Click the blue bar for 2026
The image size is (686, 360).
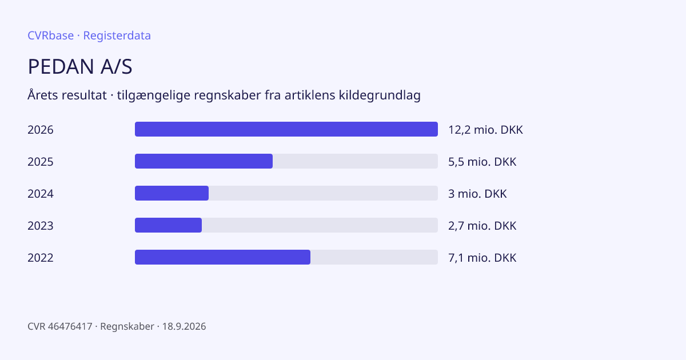pyautogui.click(x=286, y=129)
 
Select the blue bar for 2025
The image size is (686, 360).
pyautogui.click(x=204, y=161)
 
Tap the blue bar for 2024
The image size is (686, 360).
pyautogui.click(x=172, y=193)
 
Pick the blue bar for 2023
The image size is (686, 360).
pyautogui.click(x=169, y=225)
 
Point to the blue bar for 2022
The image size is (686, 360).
pyautogui.click(x=222, y=257)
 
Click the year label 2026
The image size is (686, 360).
pyautogui.click(x=41, y=130)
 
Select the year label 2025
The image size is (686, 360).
pyautogui.click(x=41, y=162)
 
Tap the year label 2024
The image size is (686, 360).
pyautogui.click(x=41, y=194)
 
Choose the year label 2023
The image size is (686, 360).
pyautogui.click(x=41, y=226)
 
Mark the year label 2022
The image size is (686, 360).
pyautogui.click(x=41, y=258)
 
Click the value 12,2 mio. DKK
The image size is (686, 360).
pyautogui.click(x=485, y=130)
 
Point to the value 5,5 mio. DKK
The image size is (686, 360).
pyautogui.click(x=482, y=162)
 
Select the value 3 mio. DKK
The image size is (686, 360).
pyautogui.click(x=477, y=194)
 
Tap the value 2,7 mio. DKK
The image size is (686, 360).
pyautogui.click(x=482, y=226)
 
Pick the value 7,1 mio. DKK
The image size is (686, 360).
pyautogui.click(x=482, y=258)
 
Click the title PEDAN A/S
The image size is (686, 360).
pyautogui.click(x=80, y=66)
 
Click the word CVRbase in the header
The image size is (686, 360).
pyautogui.click(x=50, y=35)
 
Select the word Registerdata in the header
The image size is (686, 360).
pyautogui.click(x=117, y=35)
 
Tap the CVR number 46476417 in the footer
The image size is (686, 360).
pyautogui.click(x=70, y=326)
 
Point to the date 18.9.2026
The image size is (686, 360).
pyautogui.click(x=184, y=326)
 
